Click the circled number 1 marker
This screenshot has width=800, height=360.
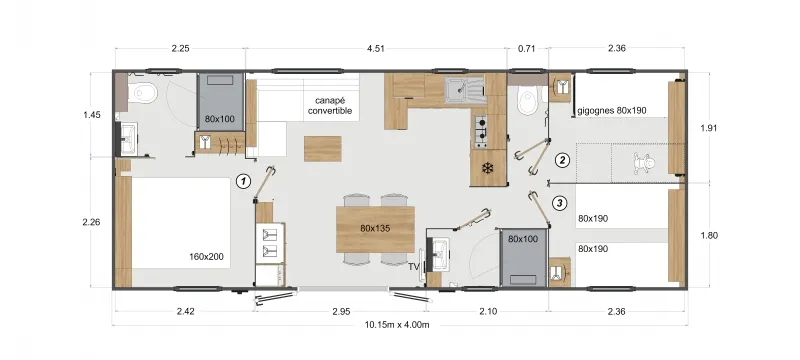pyautogui.click(x=242, y=182)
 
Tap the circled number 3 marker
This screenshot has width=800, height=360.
pyautogui.click(x=560, y=204)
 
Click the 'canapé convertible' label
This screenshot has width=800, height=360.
pyautogui.click(x=331, y=105)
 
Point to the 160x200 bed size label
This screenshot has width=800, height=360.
pyautogui.click(x=205, y=257)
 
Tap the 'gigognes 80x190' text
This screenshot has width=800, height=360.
pyautogui.click(x=614, y=111)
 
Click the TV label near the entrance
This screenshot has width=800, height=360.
pyautogui.click(x=412, y=267)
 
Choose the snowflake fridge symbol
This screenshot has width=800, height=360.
pyautogui.click(x=487, y=166)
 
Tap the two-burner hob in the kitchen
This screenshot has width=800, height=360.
pyautogui.click(x=482, y=130)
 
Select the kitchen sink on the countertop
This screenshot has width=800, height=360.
pyautogui.click(x=462, y=91)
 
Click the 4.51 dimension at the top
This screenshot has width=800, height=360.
pyautogui.click(x=376, y=47)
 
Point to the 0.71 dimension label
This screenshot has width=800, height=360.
pyautogui.click(x=527, y=47)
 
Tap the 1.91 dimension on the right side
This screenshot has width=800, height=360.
pyautogui.click(x=708, y=128)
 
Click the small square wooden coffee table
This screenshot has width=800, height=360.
pyautogui.click(x=323, y=147)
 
